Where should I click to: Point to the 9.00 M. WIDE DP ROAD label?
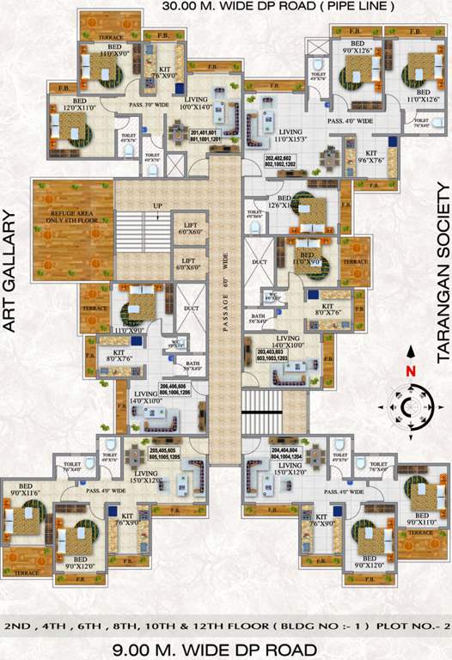click(226, 647)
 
